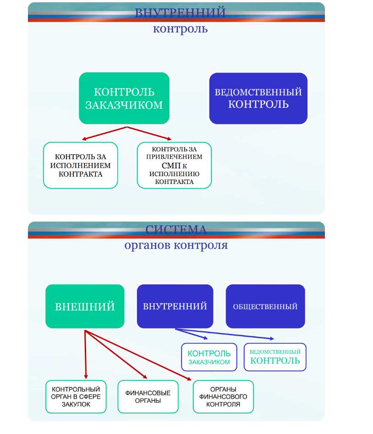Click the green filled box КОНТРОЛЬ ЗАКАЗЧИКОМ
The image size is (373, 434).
[x=124, y=98]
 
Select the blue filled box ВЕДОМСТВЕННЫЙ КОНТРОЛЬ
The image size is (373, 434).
[x=258, y=98]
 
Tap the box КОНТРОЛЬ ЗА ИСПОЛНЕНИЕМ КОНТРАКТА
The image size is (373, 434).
[x=81, y=165]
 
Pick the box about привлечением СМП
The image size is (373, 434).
[x=174, y=165]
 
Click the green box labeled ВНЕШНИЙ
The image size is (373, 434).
[x=85, y=306]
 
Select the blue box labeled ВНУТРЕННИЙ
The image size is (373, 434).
[x=175, y=306]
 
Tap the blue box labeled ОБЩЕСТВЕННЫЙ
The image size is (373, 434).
[x=265, y=306]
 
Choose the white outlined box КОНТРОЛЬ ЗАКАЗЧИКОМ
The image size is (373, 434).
[x=209, y=357]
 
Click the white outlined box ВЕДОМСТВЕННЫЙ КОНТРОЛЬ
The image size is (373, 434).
[x=275, y=357]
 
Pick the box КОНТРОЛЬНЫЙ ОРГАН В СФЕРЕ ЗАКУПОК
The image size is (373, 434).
[x=76, y=396]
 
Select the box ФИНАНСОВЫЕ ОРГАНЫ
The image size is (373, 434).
[x=148, y=396]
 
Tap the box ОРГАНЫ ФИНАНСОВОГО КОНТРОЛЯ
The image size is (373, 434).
[x=223, y=396]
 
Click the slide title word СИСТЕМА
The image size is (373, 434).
[x=176, y=229]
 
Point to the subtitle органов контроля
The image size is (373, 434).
[x=176, y=245]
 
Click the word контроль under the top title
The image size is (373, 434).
[x=180, y=29]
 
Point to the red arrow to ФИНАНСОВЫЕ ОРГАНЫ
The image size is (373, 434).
[x=117, y=354]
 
